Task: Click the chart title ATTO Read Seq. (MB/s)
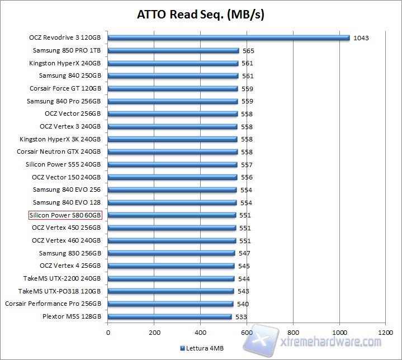[x=201, y=14]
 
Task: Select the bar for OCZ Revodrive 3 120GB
[x=228, y=38]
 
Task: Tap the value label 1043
[x=361, y=38]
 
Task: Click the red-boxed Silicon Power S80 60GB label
[x=66, y=215]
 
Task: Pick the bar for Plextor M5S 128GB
[x=169, y=316]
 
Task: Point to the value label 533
[x=241, y=317]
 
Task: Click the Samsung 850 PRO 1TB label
[x=67, y=50]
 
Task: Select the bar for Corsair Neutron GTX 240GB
[x=172, y=152]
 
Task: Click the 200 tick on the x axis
[x=154, y=332]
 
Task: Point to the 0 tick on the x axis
[x=108, y=332]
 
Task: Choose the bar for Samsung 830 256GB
[x=171, y=253]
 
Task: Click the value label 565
[x=248, y=51]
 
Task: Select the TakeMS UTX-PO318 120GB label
[x=59, y=291]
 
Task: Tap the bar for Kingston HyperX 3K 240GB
[x=172, y=139]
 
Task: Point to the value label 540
[x=243, y=304]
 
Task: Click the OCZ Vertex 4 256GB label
[x=70, y=266]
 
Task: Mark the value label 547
[x=245, y=253]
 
